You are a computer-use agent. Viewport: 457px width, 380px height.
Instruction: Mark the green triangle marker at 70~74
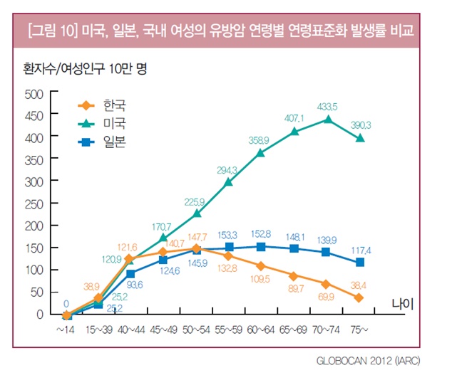pyautogui.click(x=327, y=120)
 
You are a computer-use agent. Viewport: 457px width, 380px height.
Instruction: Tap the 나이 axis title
pyautogui.click(x=403, y=304)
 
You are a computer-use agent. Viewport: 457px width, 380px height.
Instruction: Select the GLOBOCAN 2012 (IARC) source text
pyautogui.click(x=368, y=361)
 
